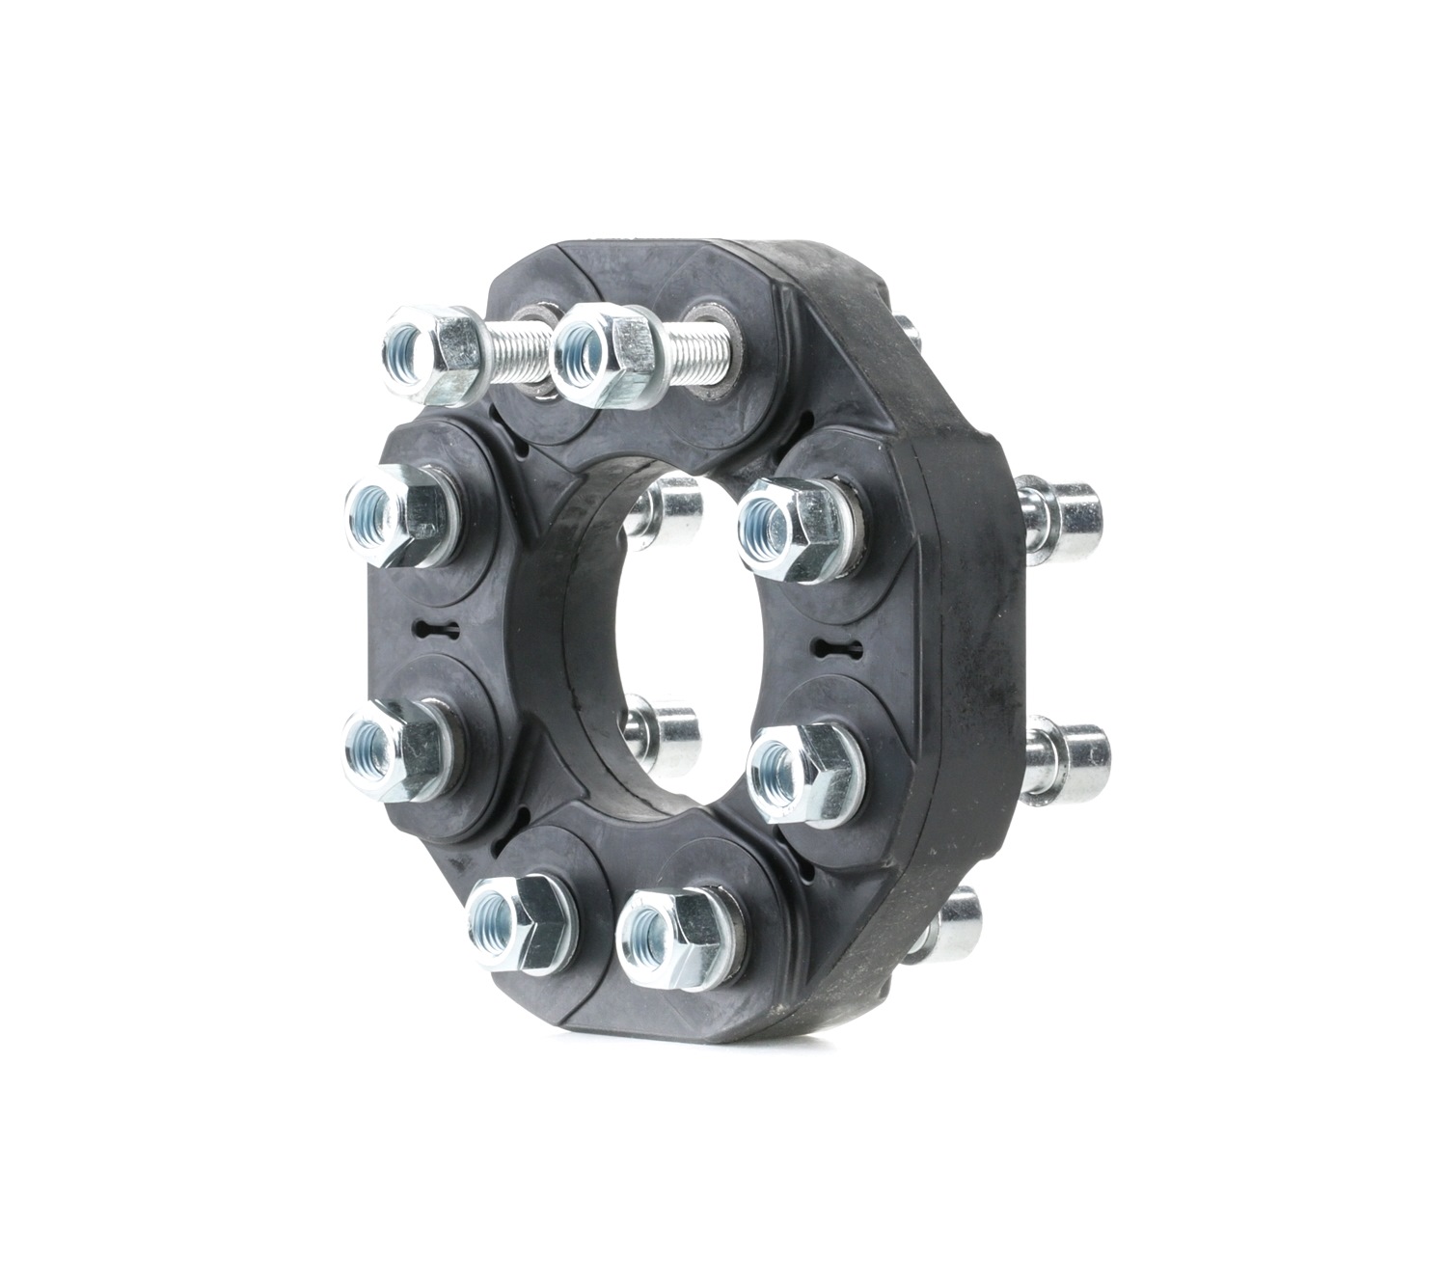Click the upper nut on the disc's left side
point(398,514)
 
